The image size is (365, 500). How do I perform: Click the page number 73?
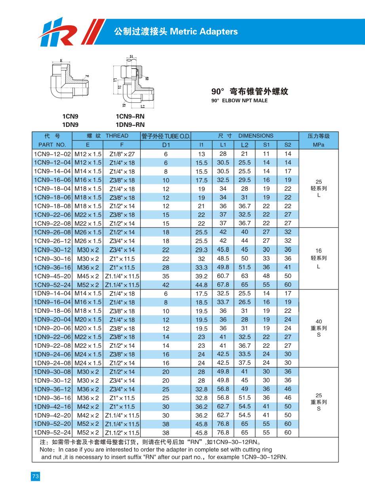pyautogui.click(x=35, y=477)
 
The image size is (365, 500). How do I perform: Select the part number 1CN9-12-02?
pyautogui.click(x=52, y=154)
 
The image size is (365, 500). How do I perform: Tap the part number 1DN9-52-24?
pyautogui.click(x=52, y=433)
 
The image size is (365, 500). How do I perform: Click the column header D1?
pyautogui.click(x=166, y=145)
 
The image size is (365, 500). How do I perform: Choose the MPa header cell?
pyautogui.click(x=318, y=145)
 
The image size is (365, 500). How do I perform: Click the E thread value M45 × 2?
pyautogui.click(x=88, y=276)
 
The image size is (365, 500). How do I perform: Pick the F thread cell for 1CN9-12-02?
pyautogui.click(x=122, y=154)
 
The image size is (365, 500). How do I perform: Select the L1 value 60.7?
pyautogui.click(x=223, y=276)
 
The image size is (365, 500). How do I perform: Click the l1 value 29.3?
pyautogui.click(x=202, y=250)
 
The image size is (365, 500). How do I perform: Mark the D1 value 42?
pyautogui.click(x=166, y=285)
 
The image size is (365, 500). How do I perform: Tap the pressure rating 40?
pyautogui.click(x=319, y=322)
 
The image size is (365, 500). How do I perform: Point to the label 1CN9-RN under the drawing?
pyautogui.click(x=130, y=117)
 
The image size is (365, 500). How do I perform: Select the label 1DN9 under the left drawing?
pyautogui.click(x=70, y=125)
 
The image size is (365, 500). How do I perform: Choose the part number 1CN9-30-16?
pyautogui.click(x=52, y=259)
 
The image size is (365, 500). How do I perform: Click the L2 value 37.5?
pyautogui.click(x=245, y=363)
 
